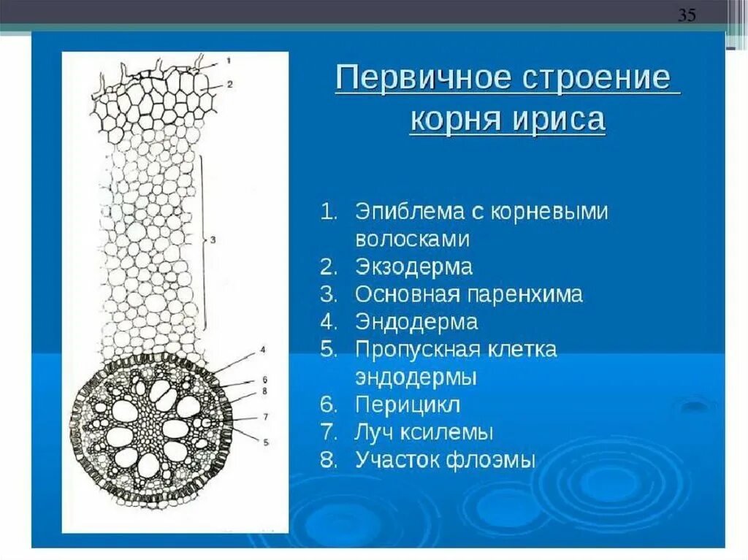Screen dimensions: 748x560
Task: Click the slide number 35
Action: tap(687, 15)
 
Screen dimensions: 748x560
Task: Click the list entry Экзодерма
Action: tap(413, 266)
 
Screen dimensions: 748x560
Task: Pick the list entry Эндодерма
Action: tap(416, 321)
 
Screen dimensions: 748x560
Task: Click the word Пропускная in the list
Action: tap(419, 349)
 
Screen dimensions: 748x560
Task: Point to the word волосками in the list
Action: tap(413, 239)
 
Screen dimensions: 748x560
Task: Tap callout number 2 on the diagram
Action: tap(229, 84)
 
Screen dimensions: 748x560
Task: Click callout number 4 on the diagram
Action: tap(262, 351)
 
